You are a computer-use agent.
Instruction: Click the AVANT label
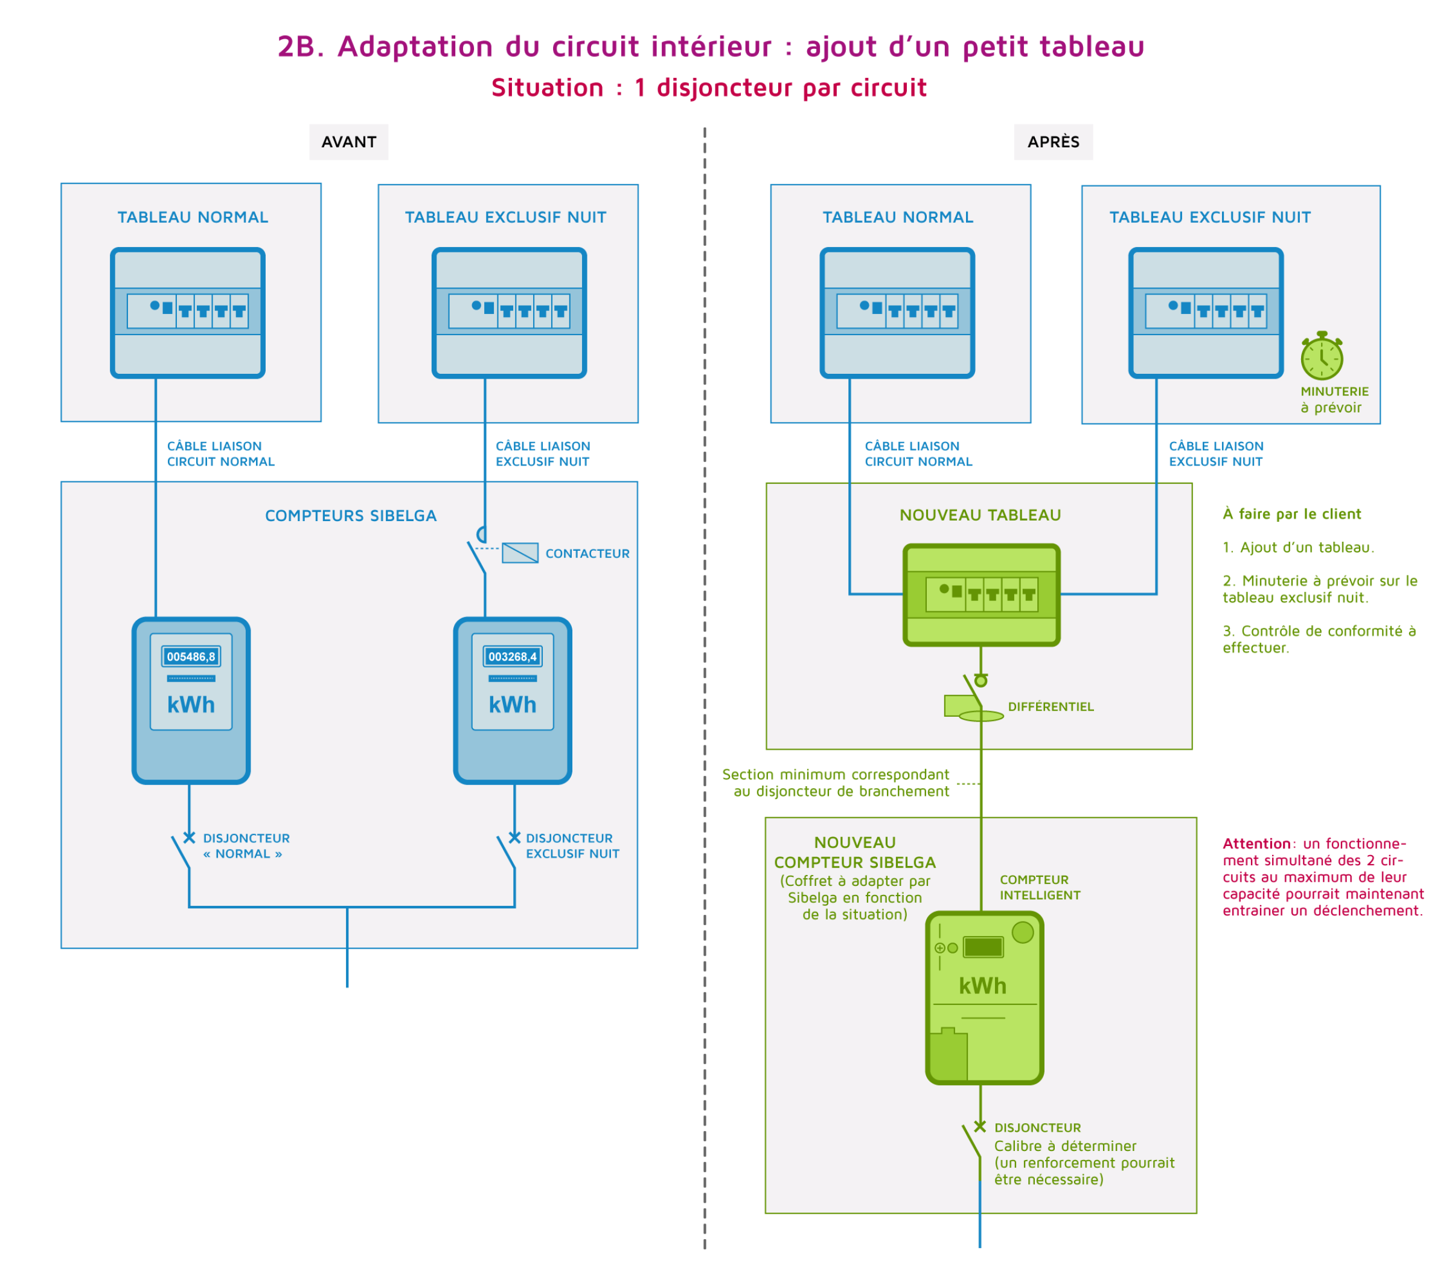click(x=349, y=142)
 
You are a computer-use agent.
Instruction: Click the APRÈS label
click(x=1054, y=142)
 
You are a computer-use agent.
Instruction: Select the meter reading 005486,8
click(x=191, y=656)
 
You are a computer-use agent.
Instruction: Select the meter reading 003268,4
click(x=513, y=656)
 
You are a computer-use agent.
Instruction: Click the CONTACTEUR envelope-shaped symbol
click(x=520, y=553)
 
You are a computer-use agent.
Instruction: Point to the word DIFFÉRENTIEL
click(x=1051, y=707)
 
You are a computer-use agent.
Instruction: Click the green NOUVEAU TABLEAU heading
click(x=980, y=516)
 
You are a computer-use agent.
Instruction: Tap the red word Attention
click(x=1256, y=844)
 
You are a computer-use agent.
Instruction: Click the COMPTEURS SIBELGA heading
click(x=351, y=516)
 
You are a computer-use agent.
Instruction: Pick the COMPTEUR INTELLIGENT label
click(x=1040, y=888)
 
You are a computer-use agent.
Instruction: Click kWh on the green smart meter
click(x=982, y=986)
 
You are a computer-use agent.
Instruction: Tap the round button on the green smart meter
click(x=1023, y=932)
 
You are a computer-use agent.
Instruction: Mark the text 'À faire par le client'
click(x=1291, y=514)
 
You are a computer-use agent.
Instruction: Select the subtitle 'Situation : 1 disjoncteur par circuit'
click(x=709, y=88)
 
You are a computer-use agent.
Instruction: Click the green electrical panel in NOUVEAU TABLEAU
click(x=981, y=595)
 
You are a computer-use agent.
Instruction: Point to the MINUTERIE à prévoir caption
click(x=1334, y=399)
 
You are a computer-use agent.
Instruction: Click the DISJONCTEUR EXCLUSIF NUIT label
click(x=572, y=846)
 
